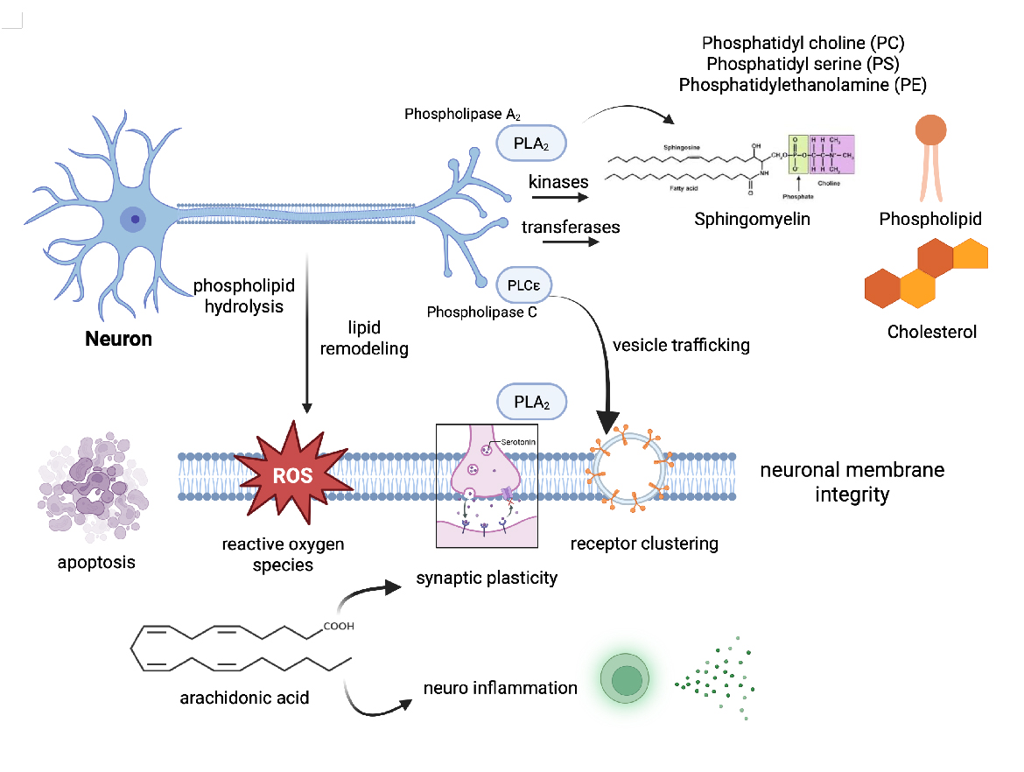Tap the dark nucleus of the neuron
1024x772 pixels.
[135, 219]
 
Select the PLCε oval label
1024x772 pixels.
[523, 284]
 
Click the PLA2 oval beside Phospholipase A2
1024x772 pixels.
[532, 141]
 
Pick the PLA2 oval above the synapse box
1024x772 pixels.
[532, 402]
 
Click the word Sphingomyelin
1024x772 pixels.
[752, 219]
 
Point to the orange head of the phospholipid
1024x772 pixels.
[930, 130]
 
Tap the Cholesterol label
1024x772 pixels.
[931, 332]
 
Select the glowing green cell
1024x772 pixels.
[627, 680]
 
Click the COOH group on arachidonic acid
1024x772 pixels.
[339, 626]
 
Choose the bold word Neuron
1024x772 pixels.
[118, 339]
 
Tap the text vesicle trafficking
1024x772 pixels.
[681, 345]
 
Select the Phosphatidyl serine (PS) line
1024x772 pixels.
[803, 64]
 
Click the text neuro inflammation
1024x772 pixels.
[500, 687]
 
